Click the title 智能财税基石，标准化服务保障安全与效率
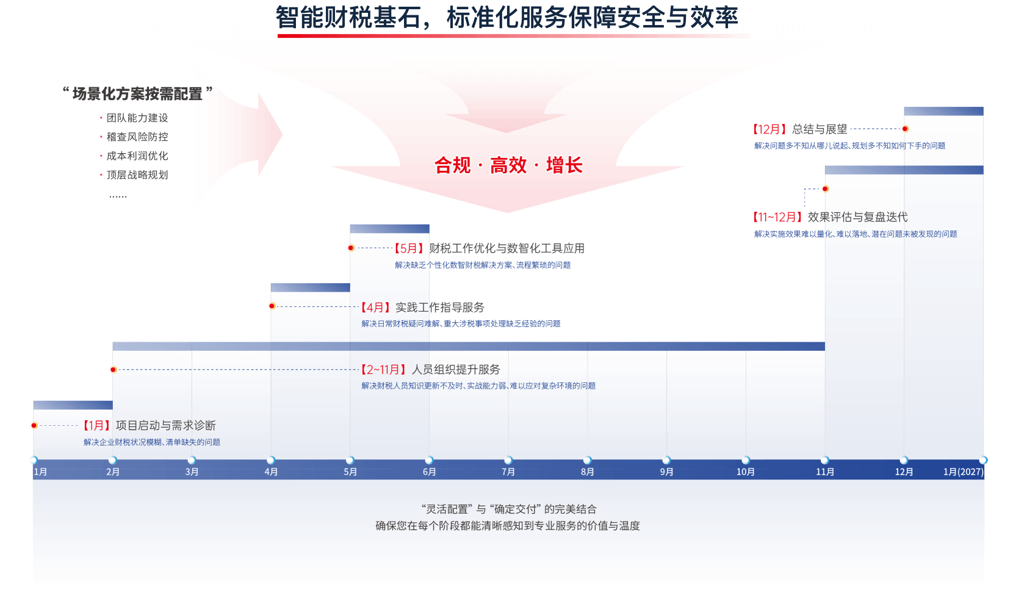click(506, 17)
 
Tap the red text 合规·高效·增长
click(508, 165)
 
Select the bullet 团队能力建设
click(137, 118)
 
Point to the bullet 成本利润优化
click(137, 156)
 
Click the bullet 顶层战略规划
click(137, 174)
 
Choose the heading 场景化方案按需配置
click(137, 93)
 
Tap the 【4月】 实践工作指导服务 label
click(422, 307)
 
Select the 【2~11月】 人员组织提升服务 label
click(430, 370)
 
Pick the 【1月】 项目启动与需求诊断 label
click(150, 425)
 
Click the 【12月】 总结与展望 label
click(800, 129)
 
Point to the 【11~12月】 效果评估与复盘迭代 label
click(830, 217)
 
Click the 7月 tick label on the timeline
click(508, 472)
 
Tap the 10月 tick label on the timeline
click(745, 472)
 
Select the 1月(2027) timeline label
click(963, 472)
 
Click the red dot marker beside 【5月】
click(350, 248)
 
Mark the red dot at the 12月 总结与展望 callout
click(905, 129)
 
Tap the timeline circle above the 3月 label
click(192, 460)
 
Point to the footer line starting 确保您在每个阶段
click(508, 526)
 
